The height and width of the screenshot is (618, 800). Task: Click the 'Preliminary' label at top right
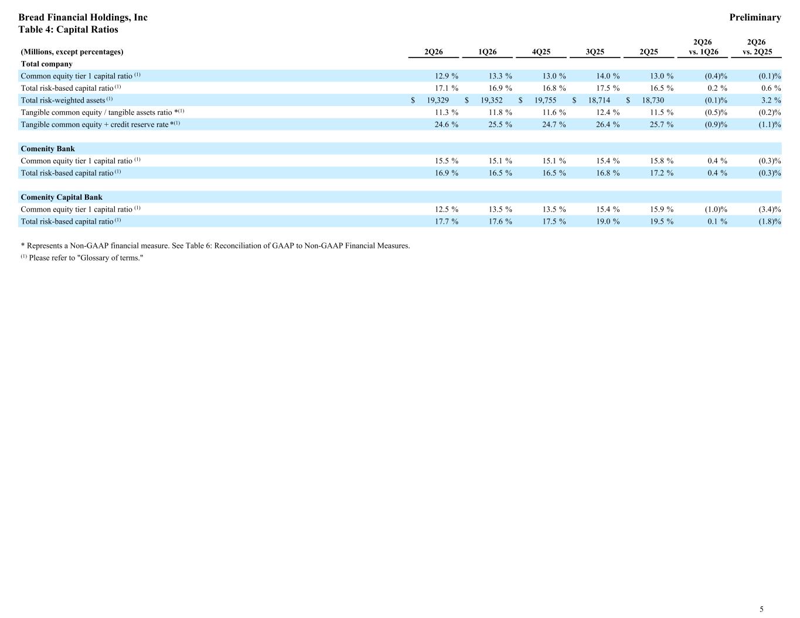click(755, 18)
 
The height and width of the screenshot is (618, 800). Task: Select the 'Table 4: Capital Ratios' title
click(69, 29)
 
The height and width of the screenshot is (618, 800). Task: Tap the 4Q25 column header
click(541, 52)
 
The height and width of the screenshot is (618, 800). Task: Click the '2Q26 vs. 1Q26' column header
click(703, 47)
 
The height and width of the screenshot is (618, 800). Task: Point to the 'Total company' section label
click(47, 64)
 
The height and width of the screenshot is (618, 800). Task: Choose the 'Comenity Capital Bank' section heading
click(62, 197)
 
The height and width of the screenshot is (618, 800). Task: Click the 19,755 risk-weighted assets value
click(545, 100)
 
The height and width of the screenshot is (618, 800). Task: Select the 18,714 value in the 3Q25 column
click(599, 100)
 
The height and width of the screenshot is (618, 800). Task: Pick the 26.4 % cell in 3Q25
click(608, 124)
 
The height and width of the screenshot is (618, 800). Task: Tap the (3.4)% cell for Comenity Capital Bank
click(770, 209)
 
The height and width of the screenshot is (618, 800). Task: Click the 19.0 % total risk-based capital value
click(608, 221)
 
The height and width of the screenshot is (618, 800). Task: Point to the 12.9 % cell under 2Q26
click(447, 76)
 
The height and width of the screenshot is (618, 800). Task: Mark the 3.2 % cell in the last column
click(771, 100)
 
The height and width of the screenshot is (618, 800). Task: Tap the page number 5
click(761, 609)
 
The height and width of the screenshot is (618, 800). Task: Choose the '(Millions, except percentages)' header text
click(72, 52)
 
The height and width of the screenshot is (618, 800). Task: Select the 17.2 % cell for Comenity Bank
click(662, 173)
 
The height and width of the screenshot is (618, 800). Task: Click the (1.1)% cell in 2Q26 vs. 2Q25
click(770, 124)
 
